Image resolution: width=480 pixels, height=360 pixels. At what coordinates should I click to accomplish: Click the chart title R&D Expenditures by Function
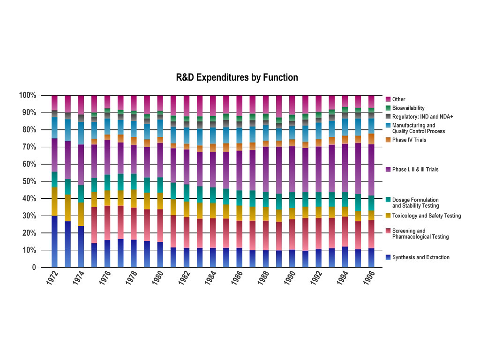(x=237, y=77)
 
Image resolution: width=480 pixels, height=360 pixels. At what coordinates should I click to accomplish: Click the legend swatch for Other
(x=388, y=99)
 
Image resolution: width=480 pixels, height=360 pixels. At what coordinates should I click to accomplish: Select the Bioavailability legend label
(x=408, y=108)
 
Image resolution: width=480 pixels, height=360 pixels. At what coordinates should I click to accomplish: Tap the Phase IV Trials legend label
(x=409, y=140)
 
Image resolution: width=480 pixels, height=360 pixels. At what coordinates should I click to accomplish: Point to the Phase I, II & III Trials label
(x=415, y=169)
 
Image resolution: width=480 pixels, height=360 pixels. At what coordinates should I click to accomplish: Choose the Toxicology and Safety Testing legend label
(x=427, y=216)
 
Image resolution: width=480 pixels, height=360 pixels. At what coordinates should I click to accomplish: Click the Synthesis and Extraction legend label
(x=421, y=257)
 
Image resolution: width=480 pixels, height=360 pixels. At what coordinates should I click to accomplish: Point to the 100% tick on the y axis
(x=27, y=96)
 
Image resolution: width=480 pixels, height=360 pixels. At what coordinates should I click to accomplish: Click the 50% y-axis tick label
(x=29, y=181)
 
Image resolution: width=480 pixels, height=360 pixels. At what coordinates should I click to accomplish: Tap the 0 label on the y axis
(x=34, y=268)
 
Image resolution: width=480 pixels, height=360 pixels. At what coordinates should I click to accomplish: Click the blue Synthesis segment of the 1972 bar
(x=54, y=241)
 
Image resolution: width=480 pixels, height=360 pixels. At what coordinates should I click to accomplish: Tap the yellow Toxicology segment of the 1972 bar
(x=54, y=201)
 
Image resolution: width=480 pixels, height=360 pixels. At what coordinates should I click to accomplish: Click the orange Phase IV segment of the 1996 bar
(x=371, y=139)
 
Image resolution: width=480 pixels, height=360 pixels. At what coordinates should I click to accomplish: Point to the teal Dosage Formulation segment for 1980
(x=160, y=185)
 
